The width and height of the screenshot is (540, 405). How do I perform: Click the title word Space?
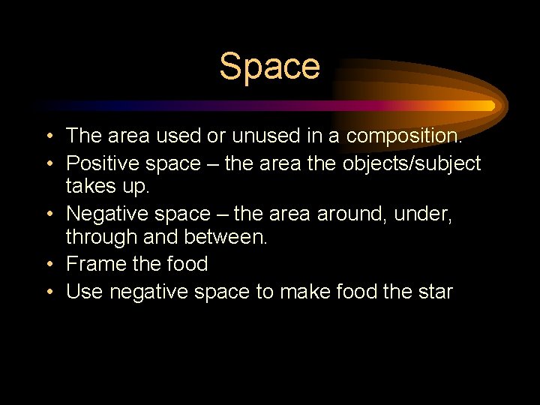click(x=270, y=66)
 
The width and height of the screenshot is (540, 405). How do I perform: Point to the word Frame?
click(x=96, y=264)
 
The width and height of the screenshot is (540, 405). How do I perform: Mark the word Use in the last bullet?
click(x=84, y=292)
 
